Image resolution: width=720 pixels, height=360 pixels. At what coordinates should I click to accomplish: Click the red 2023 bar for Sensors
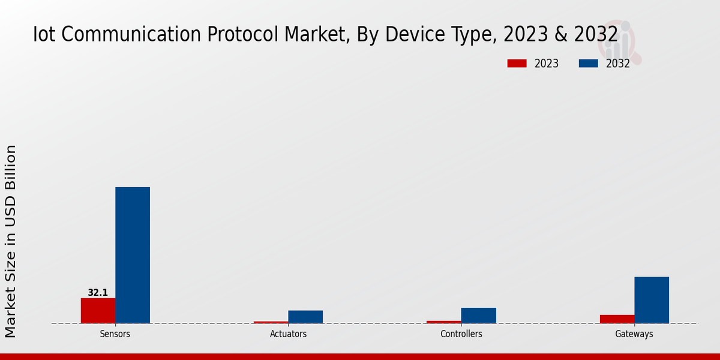coord(98,310)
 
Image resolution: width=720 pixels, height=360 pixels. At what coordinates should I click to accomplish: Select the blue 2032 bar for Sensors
coord(133,255)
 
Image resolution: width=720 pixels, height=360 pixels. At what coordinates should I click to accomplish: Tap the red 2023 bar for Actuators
coord(271,322)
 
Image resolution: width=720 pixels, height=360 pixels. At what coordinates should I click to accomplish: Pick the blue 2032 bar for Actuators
coord(305,317)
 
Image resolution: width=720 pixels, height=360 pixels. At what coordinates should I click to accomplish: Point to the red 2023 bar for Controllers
coord(444,322)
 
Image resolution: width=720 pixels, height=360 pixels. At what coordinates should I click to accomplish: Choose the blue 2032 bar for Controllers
coord(479,316)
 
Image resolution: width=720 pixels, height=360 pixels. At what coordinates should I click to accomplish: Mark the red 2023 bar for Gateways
coord(617,319)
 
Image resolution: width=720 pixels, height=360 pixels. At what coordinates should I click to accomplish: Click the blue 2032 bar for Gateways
coord(652,300)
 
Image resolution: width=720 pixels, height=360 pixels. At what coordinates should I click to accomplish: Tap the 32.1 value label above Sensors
coord(98,293)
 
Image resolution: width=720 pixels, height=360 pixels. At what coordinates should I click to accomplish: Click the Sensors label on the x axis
coord(115,334)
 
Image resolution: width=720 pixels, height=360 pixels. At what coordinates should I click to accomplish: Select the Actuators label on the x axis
coord(288,334)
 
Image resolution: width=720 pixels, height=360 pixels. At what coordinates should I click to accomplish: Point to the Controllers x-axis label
coord(461,334)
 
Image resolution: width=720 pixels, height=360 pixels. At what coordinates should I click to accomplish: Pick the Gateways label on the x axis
coord(634,334)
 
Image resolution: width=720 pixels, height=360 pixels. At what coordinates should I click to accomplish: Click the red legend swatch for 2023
coord(517,64)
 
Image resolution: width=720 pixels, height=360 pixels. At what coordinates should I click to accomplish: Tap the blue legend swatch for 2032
coord(588,64)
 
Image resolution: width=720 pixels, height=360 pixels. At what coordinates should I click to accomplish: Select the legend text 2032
coord(618,64)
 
